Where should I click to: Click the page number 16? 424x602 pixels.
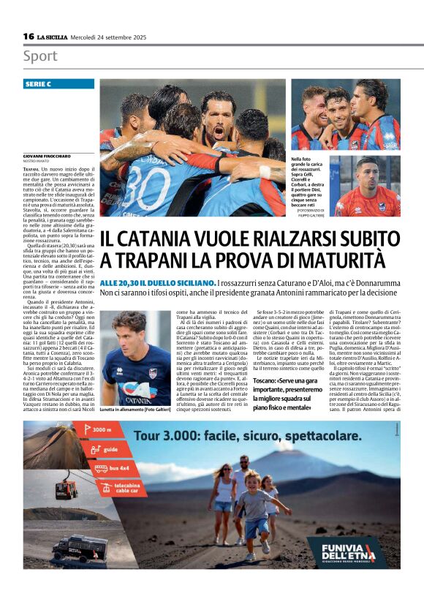pos(29,37)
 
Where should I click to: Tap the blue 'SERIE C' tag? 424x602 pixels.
pos(48,84)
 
